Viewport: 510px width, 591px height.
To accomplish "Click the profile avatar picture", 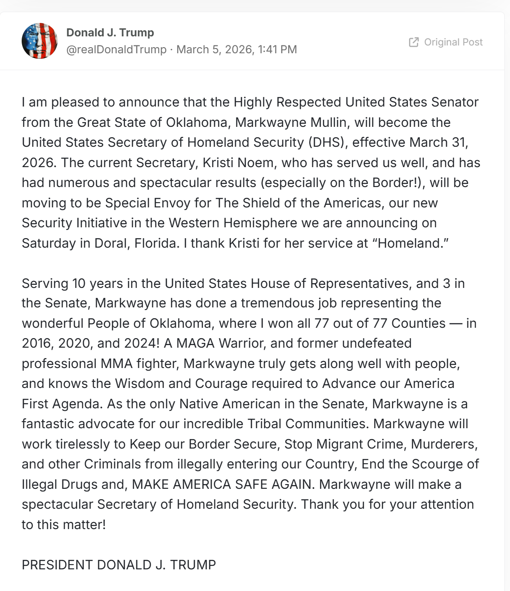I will click(39, 41).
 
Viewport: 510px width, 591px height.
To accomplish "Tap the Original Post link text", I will click(453, 42).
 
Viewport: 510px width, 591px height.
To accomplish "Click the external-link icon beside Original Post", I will click(414, 42).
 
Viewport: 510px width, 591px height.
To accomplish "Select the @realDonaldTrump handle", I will click(116, 49).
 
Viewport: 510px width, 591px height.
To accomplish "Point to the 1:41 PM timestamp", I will click(277, 49).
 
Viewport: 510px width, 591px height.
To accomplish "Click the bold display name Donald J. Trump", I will click(110, 32).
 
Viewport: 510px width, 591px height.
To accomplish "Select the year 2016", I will click(36, 343).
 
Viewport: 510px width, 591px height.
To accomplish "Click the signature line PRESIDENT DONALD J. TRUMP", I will click(119, 565).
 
